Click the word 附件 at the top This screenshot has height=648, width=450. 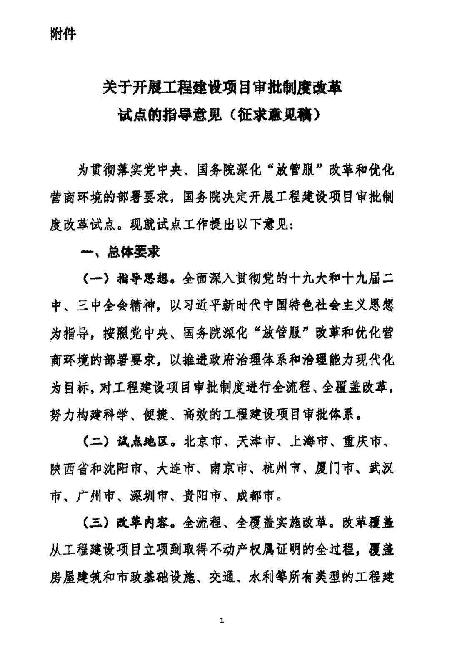[x=63, y=33]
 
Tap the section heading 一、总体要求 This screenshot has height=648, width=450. [x=120, y=252]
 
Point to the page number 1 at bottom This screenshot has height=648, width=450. [x=222, y=620]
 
